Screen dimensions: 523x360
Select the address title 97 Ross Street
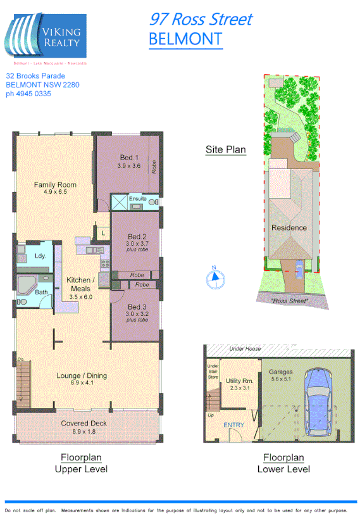200,19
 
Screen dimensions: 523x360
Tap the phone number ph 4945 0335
28,94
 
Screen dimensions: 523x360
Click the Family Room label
55,185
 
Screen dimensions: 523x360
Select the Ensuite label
138,199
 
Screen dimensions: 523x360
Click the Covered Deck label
84,424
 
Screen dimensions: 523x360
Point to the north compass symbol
214,276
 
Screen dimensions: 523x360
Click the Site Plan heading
225,150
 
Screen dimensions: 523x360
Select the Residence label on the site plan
289,228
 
